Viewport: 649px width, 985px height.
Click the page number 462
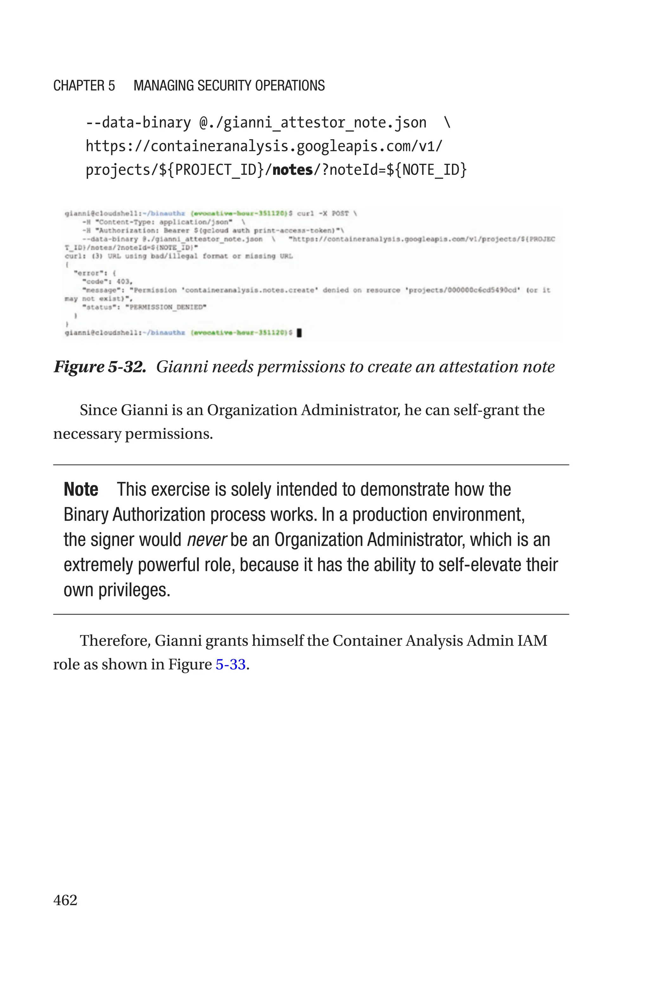[x=65, y=900]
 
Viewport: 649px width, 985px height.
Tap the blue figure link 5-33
[x=231, y=664]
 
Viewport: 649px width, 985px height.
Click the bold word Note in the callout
[x=81, y=489]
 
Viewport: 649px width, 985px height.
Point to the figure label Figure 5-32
[x=100, y=367]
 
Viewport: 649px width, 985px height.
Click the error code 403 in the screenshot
[x=123, y=282]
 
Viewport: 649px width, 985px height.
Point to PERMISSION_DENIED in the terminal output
[x=167, y=307]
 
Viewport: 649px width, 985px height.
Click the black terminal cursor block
[x=299, y=332]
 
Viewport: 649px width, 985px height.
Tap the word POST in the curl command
[x=340, y=213]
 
